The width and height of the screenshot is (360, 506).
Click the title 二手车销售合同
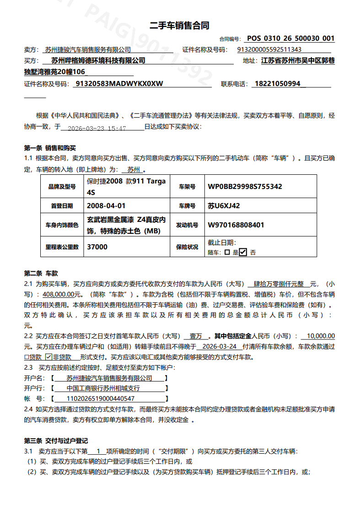[179, 26]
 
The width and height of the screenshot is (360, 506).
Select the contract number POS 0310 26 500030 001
[290, 39]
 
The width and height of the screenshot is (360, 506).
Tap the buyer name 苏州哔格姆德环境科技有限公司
[98, 60]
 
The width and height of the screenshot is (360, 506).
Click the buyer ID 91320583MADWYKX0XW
[119, 84]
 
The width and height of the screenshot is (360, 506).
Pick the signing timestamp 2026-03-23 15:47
[97, 129]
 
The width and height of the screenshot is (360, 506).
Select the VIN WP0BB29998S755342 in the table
[245, 187]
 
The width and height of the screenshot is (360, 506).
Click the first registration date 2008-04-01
[106, 206]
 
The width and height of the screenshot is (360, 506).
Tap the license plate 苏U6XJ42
[224, 206]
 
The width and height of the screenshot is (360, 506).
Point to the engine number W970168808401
[236, 225]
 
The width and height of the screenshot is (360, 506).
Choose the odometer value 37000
[97, 247]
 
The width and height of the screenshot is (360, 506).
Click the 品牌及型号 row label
[61, 187]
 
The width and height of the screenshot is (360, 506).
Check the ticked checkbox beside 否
[243, 252]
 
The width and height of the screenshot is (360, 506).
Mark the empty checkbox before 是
[227, 252]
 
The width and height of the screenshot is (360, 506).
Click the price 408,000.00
[62, 295]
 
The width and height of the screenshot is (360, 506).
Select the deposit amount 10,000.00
[320, 336]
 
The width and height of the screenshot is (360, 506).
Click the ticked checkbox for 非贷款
[49, 357]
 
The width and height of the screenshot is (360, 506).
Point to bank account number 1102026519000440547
[101, 398]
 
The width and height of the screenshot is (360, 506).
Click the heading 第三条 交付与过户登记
[56, 441]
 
